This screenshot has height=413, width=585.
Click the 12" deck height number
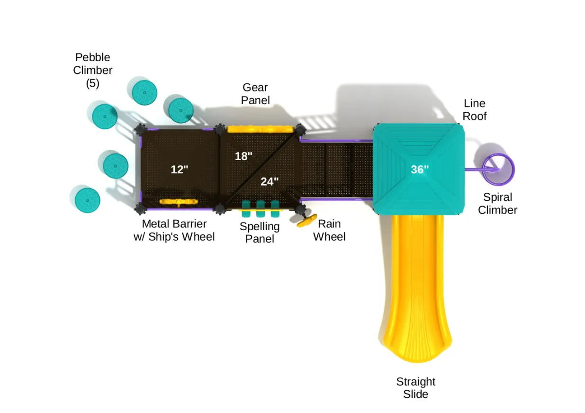[180, 169]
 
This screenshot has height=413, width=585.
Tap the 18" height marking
[243, 156]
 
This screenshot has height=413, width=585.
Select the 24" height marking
[270, 181]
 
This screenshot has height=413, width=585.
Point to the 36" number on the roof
[420, 169]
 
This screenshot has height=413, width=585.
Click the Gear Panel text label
[255, 94]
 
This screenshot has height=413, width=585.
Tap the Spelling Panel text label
[260, 233]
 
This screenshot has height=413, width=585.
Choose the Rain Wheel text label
[329, 230]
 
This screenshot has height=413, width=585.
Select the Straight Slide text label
[416, 387]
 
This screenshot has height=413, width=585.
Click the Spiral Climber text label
[497, 204]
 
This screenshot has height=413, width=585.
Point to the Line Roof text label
[475, 109]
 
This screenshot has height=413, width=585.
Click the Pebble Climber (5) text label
[93, 70]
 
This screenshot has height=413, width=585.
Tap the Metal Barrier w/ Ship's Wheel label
[174, 230]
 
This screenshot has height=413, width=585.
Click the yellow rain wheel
[307, 220]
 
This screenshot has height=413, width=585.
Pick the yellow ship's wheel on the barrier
[178, 202]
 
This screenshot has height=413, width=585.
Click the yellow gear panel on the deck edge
[260, 129]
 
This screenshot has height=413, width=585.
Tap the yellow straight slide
[415, 289]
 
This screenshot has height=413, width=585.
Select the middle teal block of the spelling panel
[260, 205]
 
